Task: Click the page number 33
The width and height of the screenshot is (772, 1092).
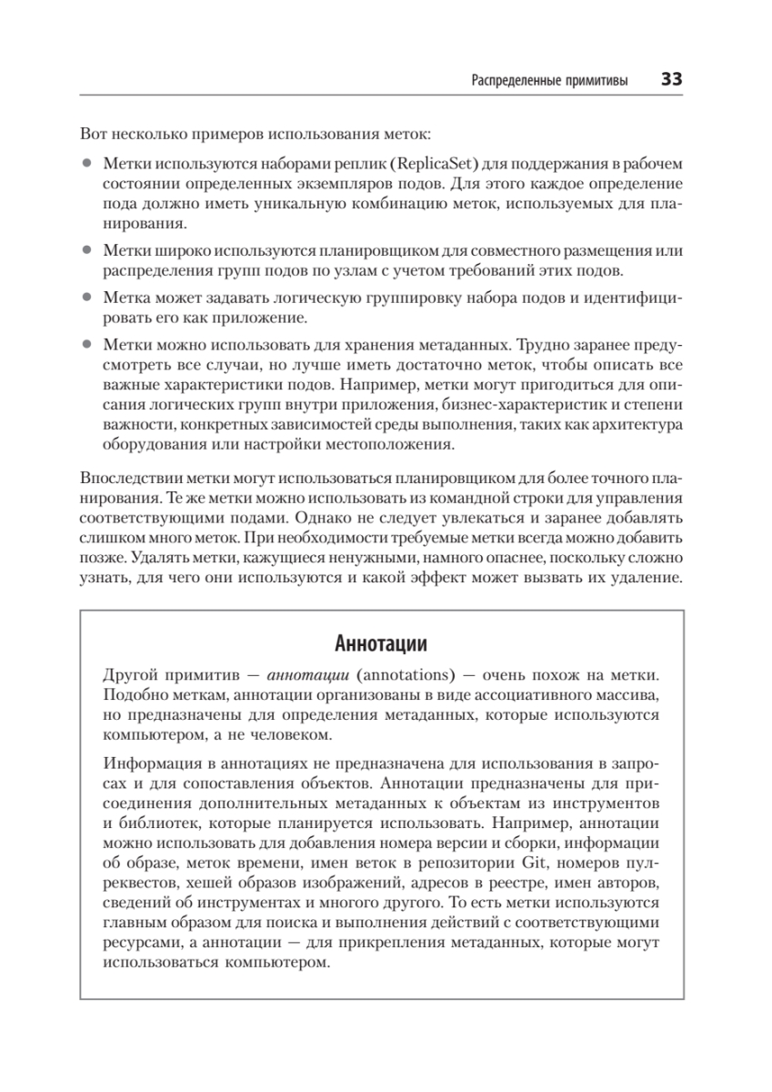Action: pyautogui.click(x=671, y=79)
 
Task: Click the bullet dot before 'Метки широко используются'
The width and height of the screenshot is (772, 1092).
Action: pyautogui.click(x=87, y=249)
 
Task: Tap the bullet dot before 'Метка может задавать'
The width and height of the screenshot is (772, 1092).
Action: pyautogui.click(x=87, y=298)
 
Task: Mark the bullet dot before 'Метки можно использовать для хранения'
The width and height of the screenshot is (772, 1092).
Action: pyautogui.click(x=87, y=346)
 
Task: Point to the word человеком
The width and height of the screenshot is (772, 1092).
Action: pyautogui.click(x=277, y=734)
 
